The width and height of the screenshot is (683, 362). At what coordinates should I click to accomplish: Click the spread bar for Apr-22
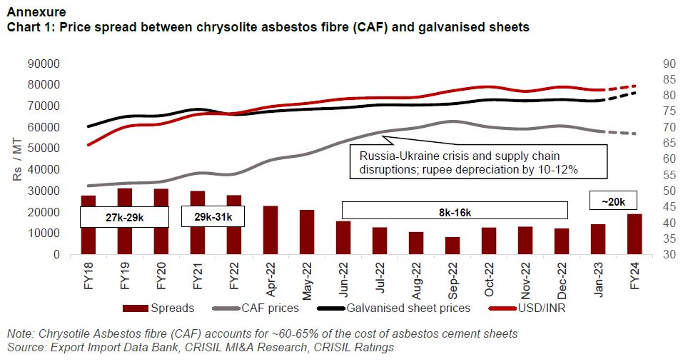click(270, 230)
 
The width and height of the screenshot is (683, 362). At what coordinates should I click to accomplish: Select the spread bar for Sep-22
click(452, 246)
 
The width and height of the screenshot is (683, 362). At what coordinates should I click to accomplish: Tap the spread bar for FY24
click(634, 234)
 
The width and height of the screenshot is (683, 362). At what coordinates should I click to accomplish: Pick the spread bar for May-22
click(307, 232)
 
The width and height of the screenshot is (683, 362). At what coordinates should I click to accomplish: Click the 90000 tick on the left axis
click(44, 64)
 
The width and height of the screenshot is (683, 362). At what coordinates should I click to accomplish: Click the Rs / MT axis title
click(16, 159)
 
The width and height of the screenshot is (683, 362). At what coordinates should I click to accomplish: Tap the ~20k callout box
click(612, 201)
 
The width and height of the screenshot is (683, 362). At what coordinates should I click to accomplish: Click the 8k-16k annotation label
click(455, 210)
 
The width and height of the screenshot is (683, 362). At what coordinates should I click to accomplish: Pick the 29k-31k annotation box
click(213, 216)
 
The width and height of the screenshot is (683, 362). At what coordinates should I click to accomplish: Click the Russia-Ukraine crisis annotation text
click(476, 163)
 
